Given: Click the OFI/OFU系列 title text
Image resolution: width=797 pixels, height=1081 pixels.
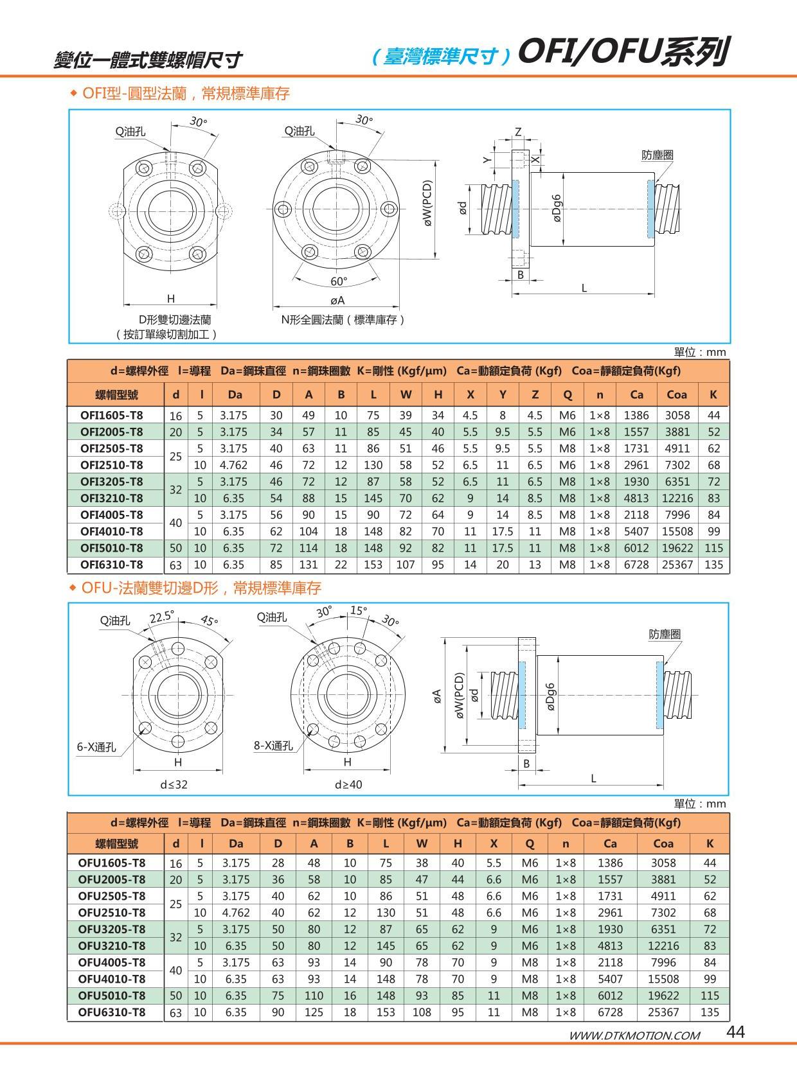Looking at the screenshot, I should click(622, 52).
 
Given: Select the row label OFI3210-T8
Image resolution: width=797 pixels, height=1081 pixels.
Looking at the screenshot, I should click(111, 498).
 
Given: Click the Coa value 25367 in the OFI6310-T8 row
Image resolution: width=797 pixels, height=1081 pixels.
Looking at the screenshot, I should click(676, 565).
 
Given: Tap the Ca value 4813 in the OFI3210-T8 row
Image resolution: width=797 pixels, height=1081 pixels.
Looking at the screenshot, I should click(636, 498).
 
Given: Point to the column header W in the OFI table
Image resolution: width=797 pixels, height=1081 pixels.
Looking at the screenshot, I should click(406, 394).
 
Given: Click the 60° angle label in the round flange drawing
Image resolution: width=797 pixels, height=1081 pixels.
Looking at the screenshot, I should click(338, 281).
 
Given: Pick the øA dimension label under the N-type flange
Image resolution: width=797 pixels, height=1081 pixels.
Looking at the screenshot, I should click(337, 300).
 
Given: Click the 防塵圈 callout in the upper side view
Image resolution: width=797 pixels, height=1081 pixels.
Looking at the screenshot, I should click(658, 155).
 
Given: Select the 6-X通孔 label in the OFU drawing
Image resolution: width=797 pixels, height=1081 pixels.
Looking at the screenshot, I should click(96, 746).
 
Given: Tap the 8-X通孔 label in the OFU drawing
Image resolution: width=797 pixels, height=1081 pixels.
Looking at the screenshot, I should click(273, 745).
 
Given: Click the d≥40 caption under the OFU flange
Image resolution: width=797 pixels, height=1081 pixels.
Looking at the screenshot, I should click(348, 784).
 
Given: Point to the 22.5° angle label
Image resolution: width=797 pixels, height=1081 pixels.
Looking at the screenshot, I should click(162, 617).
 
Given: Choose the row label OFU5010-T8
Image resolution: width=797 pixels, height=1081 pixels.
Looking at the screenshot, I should click(111, 995).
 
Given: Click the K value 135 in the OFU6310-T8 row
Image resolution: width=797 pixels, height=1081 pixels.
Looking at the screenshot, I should click(710, 1012).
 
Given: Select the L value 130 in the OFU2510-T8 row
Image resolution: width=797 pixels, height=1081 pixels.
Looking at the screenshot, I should click(386, 912).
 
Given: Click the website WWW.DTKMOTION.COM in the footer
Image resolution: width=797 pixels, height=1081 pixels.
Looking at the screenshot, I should click(634, 1035).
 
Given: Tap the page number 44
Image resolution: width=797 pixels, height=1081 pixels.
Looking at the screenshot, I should click(735, 1032).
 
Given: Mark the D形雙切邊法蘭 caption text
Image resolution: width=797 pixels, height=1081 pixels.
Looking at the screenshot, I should click(175, 319).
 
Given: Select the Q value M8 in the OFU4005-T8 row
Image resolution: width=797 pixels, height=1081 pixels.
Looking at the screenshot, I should click(530, 962).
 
